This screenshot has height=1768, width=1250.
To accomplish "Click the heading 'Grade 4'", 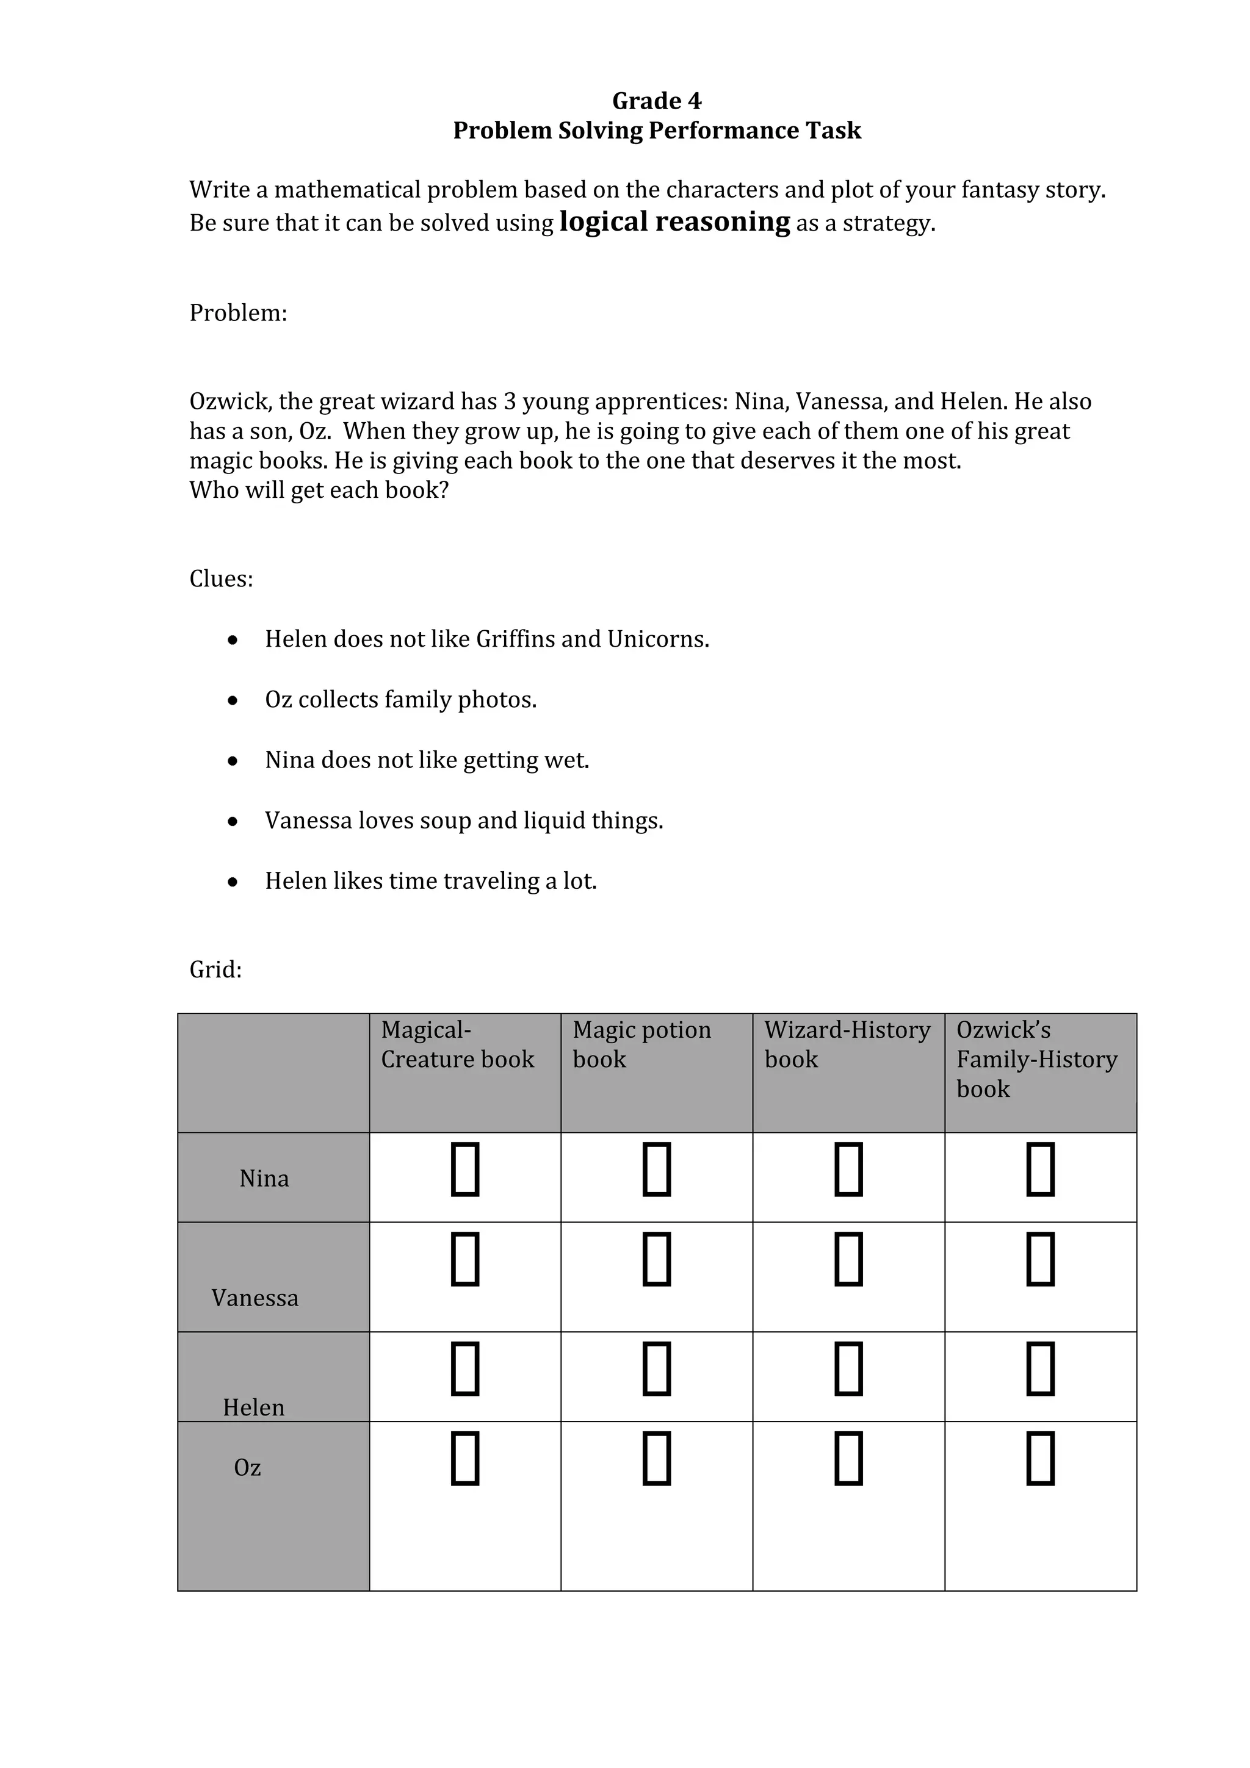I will [x=656, y=101].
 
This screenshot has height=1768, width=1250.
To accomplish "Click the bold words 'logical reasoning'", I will [x=674, y=222].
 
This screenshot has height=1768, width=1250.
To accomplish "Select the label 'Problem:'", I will [x=238, y=312].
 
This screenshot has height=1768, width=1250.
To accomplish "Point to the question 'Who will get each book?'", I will [x=319, y=490].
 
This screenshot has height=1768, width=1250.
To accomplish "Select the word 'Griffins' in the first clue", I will [x=515, y=639].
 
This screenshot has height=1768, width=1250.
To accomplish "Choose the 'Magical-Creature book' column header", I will [x=458, y=1045].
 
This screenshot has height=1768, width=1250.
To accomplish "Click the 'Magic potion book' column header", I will [x=641, y=1045].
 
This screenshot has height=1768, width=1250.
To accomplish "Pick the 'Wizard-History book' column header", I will [x=847, y=1045].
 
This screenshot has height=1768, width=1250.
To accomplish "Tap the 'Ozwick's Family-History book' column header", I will [x=1036, y=1060].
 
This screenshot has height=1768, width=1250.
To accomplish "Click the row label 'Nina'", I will [x=264, y=1179].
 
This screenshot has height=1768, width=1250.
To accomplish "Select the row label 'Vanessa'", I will [x=255, y=1298].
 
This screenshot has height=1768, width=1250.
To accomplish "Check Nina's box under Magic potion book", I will [x=656, y=1170].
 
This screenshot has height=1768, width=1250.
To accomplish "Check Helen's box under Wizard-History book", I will [x=848, y=1368].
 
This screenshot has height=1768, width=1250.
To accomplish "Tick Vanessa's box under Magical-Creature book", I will [x=464, y=1259].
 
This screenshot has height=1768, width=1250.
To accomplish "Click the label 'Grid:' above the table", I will [x=215, y=969].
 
